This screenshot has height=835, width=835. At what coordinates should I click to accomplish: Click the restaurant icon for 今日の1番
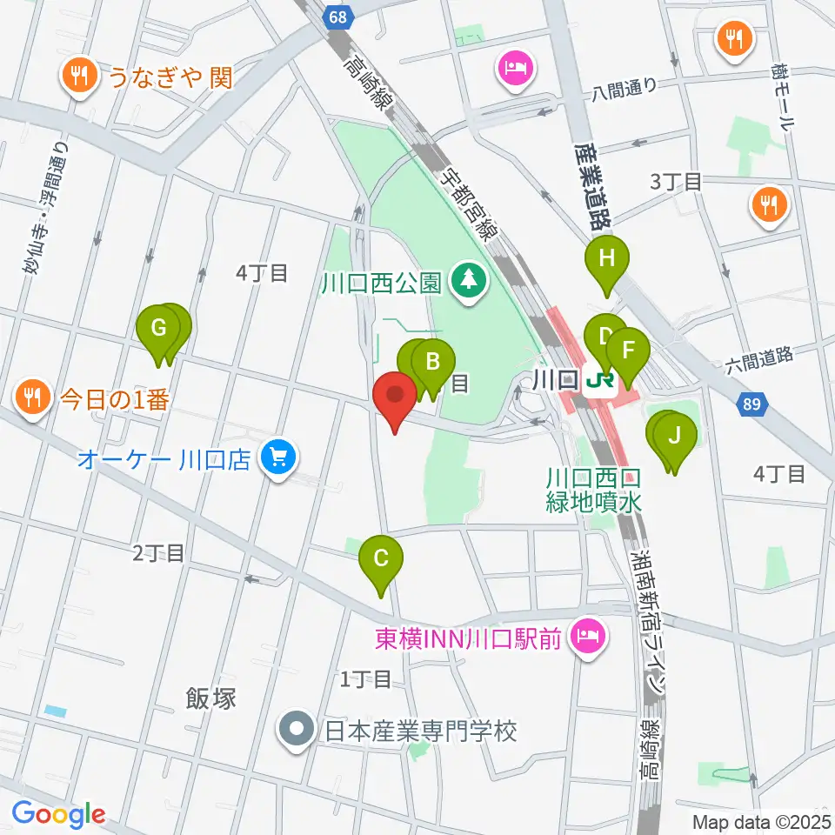(x=32, y=397)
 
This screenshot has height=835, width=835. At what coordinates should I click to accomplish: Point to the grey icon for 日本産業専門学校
(x=297, y=729)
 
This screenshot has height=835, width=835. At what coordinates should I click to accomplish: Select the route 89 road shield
(x=751, y=404)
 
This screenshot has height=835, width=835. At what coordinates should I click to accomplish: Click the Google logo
(x=58, y=813)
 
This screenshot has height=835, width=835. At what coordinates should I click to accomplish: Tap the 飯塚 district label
(x=210, y=698)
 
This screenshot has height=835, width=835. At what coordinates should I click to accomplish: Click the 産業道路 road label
(x=592, y=185)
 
